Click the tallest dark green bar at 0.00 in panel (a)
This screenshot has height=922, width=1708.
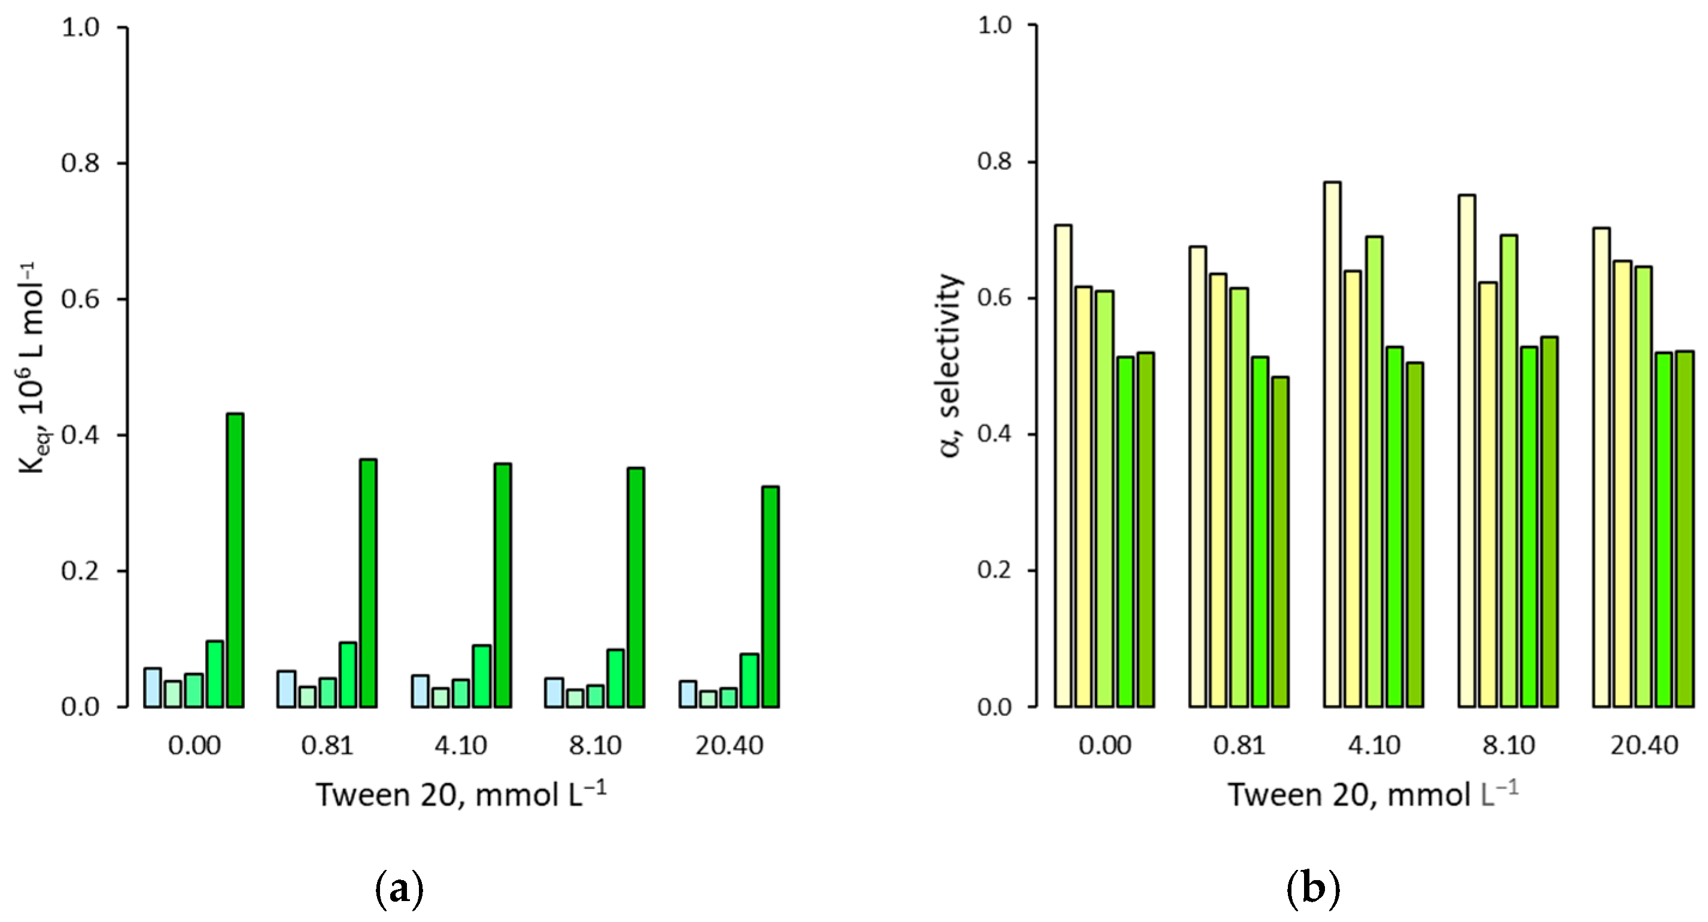(235, 560)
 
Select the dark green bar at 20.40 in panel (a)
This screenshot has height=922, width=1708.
(770, 596)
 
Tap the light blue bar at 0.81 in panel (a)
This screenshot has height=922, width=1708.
(287, 689)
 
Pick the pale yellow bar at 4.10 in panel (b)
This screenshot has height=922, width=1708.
(1332, 444)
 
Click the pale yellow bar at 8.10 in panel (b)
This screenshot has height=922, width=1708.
(1467, 450)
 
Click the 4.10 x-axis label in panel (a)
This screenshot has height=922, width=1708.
(461, 745)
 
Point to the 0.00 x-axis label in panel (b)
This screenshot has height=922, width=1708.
(1105, 745)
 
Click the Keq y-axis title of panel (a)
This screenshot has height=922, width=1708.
(31, 368)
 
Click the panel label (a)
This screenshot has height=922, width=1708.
(399, 890)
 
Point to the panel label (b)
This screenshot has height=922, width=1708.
(1313, 890)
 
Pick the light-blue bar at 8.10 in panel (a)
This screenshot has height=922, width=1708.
(554, 693)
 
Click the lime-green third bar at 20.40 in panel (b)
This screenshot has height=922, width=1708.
(1643, 486)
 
